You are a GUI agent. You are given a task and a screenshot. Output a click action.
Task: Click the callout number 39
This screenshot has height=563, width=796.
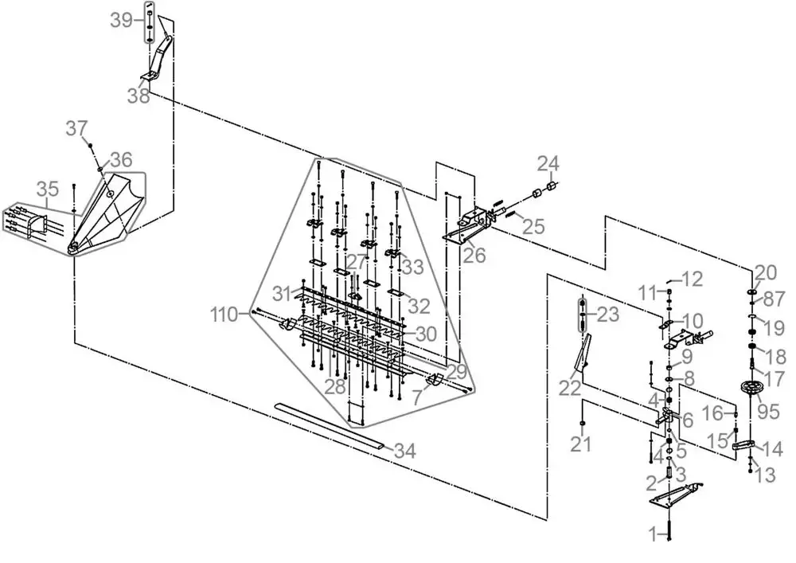[x=121, y=21]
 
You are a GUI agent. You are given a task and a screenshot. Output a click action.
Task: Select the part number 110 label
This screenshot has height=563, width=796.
[x=224, y=315]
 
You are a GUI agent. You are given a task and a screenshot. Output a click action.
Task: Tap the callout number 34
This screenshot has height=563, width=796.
[x=405, y=451]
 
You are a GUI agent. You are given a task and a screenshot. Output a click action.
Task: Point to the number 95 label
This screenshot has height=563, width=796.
[x=768, y=411]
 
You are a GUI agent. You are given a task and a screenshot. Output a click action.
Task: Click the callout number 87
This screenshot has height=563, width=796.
[x=775, y=299]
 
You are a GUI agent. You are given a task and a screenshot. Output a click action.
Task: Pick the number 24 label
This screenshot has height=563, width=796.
[x=548, y=164]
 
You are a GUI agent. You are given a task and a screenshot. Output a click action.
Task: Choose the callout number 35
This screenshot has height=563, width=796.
[x=48, y=189]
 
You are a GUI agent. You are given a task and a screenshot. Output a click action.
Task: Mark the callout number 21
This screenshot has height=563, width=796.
[x=581, y=444]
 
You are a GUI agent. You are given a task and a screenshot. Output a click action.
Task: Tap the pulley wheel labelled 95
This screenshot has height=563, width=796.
[x=751, y=390]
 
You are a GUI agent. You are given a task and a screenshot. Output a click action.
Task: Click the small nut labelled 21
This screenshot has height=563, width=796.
[x=582, y=424]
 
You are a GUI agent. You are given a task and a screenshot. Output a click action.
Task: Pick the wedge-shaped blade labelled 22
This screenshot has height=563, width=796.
[x=582, y=353]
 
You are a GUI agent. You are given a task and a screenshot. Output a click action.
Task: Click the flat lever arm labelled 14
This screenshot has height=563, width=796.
[x=743, y=446]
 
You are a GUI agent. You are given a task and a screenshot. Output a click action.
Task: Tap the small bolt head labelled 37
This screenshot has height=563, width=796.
[x=91, y=147]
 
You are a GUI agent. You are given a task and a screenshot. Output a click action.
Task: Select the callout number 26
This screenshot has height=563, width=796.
[x=474, y=256]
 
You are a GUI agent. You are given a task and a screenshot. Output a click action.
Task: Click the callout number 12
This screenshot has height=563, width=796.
[x=692, y=280]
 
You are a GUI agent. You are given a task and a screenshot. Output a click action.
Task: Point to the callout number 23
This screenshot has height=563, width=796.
[x=608, y=315]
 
